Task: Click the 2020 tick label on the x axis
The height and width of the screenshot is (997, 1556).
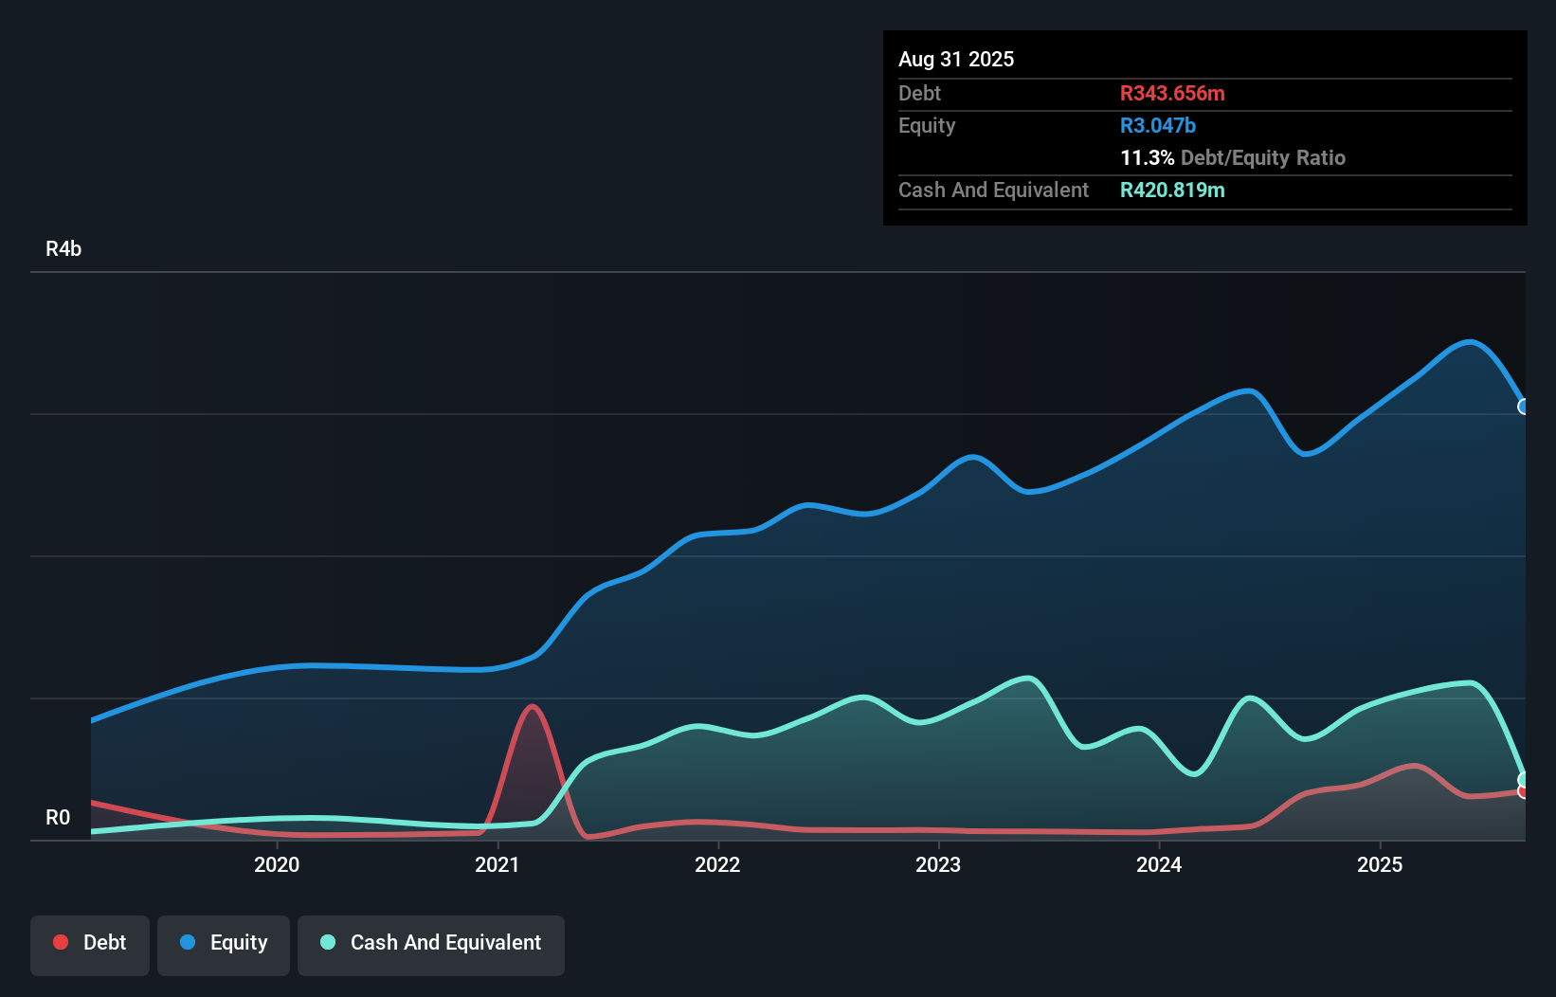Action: click(277, 864)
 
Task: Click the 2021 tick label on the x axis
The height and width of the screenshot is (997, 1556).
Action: click(498, 864)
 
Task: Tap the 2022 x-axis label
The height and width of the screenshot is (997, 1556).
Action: click(717, 864)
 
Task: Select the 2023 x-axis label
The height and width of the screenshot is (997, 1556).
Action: click(938, 864)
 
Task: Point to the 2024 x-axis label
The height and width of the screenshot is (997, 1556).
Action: click(1159, 864)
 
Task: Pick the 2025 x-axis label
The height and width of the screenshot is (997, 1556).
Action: click(1380, 864)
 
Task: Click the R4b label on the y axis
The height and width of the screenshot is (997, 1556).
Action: click(63, 249)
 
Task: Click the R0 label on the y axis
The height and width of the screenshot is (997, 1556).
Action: click(58, 817)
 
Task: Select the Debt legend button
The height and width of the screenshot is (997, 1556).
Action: click(90, 943)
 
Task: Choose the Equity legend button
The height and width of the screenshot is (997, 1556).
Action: click(224, 943)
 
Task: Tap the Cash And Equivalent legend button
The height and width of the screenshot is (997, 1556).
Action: click(431, 943)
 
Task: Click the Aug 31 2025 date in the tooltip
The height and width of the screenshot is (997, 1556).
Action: click(956, 60)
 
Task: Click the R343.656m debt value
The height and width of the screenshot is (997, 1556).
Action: click(1172, 94)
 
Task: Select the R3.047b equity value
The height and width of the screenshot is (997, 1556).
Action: click(1158, 126)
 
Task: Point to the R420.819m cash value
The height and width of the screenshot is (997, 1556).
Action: click(1172, 190)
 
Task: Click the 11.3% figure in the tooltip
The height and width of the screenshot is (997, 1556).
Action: click(1147, 158)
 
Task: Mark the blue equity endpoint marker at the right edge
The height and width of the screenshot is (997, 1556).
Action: click(1524, 407)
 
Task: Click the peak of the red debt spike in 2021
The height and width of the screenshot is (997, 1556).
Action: click(533, 706)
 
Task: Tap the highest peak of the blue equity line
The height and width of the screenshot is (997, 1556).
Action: click(1469, 342)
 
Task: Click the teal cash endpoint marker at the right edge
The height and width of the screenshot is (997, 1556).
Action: click(1524, 779)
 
